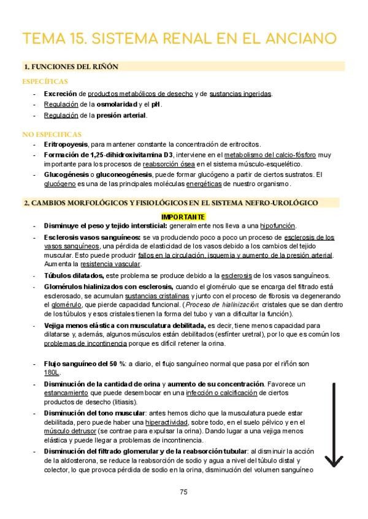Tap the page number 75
(183, 491)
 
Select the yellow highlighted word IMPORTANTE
(183, 217)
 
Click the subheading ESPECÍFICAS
(45, 81)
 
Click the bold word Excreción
(60, 94)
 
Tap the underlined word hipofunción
(278, 226)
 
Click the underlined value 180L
(52, 373)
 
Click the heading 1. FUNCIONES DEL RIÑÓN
(71, 66)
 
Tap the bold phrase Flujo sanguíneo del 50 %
(84, 364)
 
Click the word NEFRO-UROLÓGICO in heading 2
(278, 202)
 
